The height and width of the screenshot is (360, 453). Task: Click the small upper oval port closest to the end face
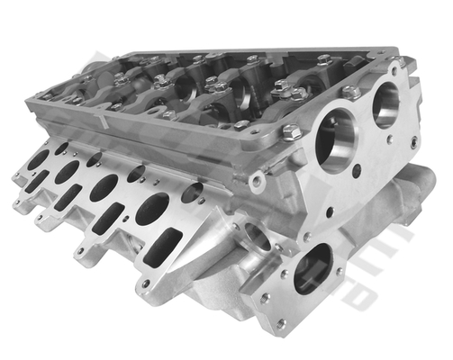click(x=192, y=192)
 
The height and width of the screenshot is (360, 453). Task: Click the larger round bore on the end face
click(x=338, y=140)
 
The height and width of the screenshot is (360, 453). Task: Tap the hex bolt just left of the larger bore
click(x=290, y=133)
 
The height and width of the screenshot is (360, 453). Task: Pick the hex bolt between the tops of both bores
click(x=351, y=92)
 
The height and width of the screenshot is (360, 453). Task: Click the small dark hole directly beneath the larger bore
click(x=331, y=212)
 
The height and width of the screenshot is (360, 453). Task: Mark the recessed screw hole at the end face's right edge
click(x=412, y=142)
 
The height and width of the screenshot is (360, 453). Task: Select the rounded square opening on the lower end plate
click(x=313, y=267)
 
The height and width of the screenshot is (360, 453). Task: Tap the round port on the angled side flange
click(x=256, y=237)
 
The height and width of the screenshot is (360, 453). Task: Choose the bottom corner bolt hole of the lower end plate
click(x=281, y=322)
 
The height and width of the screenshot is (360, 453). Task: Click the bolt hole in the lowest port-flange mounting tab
click(x=144, y=284)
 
